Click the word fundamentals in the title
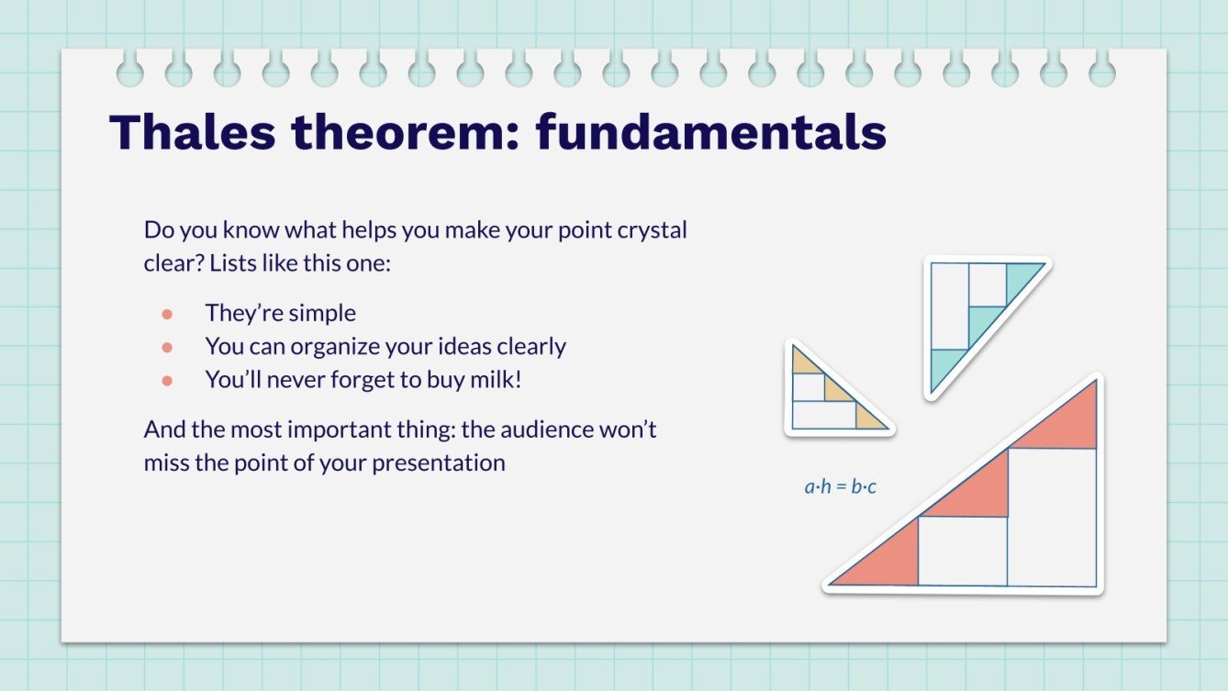(711, 132)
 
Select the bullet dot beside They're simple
(167, 314)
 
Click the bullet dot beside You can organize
(167, 348)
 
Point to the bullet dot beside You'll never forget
(167, 380)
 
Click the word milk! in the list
(497, 380)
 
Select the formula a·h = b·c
(840, 486)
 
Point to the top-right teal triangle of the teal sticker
(1020, 277)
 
